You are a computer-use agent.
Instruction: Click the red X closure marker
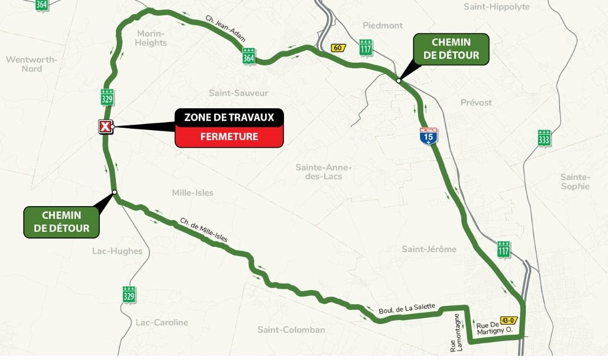pyautogui.click(x=105, y=127)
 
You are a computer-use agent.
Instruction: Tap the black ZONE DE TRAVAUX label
pyautogui.click(x=229, y=117)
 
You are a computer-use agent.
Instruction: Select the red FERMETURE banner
pyautogui.click(x=229, y=137)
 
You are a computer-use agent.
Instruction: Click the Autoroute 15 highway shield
pyautogui.click(x=428, y=136)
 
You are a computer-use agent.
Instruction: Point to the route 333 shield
pyautogui.click(x=544, y=138)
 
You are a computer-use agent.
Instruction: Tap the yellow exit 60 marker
pyautogui.click(x=338, y=47)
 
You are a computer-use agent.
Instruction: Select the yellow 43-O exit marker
pyautogui.click(x=508, y=320)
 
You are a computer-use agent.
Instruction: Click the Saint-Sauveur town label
pyautogui.click(x=238, y=93)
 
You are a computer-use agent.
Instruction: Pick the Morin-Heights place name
pyautogui.click(x=151, y=38)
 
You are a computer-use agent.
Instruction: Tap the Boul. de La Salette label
pyautogui.click(x=407, y=309)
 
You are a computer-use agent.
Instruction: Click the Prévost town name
pyautogui.click(x=476, y=103)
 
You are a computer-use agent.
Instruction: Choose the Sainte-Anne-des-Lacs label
pyautogui.click(x=323, y=172)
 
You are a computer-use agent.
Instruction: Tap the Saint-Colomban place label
pyautogui.click(x=291, y=330)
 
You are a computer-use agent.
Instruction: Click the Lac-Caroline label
pyautogui.click(x=161, y=322)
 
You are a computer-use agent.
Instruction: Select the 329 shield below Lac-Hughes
pyautogui.click(x=129, y=294)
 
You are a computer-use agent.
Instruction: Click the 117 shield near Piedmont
pyautogui.click(x=366, y=47)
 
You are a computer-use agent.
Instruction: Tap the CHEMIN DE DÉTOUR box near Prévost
pyautogui.click(x=451, y=49)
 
